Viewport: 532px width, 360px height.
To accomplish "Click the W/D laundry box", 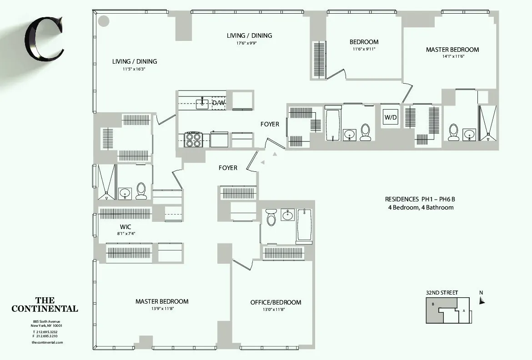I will tap(390, 117).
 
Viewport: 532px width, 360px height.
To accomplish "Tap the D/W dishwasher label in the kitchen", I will tap(219, 103).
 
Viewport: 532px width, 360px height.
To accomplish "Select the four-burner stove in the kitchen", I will tap(193, 139).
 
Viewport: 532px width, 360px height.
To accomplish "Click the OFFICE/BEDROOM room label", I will tap(276, 302).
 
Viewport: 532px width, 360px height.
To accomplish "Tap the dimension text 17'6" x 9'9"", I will tap(249, 44).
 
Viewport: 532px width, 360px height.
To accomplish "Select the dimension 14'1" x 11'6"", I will tap(452, 56).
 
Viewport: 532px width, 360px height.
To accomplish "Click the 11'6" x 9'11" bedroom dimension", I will tap(364, 49).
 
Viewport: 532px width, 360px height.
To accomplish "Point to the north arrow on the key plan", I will tap(482, 300).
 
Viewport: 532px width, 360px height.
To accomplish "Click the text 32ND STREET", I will tap(442, 293).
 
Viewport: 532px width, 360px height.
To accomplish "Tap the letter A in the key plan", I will tap(463, 311).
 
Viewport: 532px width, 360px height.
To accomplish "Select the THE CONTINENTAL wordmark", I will tap(45, 305).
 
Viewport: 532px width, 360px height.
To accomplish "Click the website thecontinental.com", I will tap(47, 342).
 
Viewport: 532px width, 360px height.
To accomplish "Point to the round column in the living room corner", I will tap(104, 20).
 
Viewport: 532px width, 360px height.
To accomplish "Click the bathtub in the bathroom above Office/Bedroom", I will tap(304, 226).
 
